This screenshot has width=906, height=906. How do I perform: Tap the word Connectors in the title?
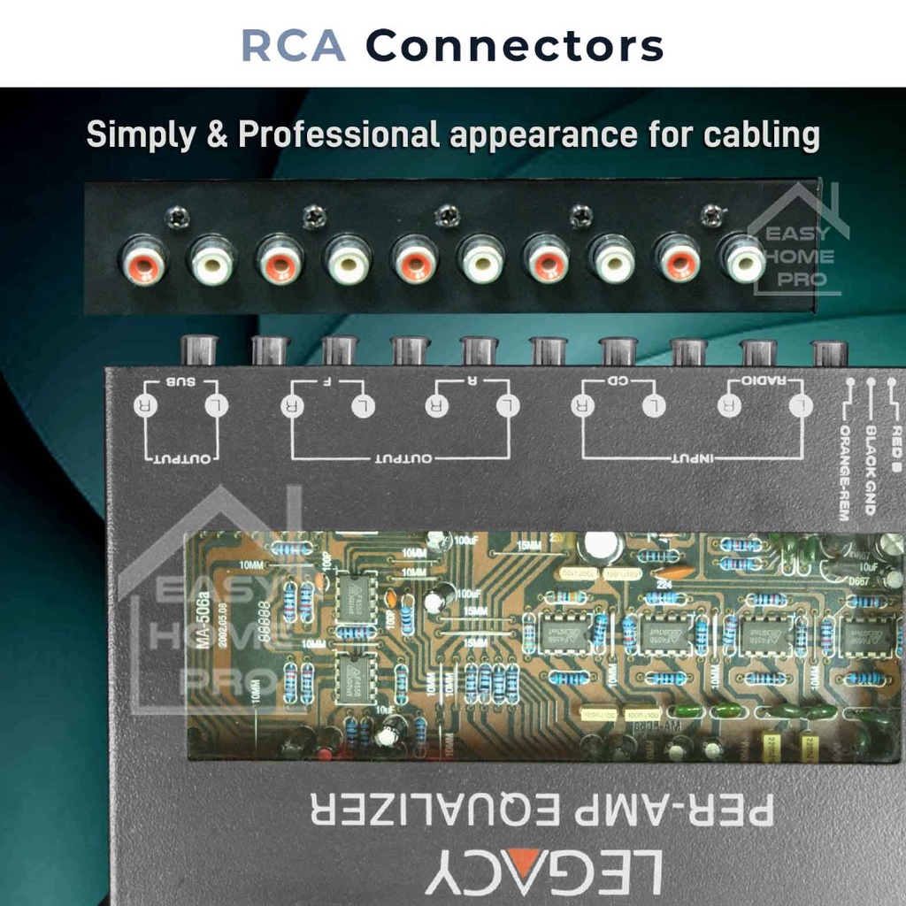tap(514, 45)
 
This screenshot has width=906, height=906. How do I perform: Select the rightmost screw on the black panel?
tap(710, 214)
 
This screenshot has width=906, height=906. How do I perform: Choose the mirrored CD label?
tap(618, 381)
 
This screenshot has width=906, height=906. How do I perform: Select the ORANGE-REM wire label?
tap(845, 473)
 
